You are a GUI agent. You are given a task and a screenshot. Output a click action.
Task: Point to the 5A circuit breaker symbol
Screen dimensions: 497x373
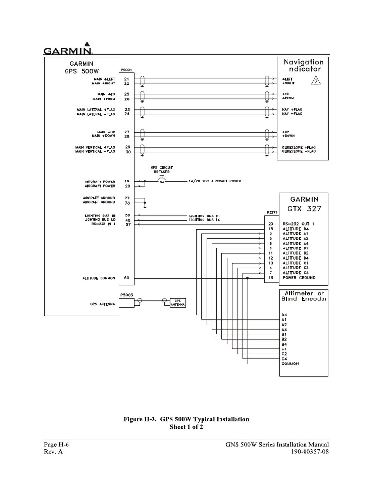[161, 181]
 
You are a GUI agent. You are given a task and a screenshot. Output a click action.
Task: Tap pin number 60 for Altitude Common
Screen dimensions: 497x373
[127, 278]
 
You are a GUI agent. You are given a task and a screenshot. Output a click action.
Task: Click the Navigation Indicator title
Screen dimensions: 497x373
[304, 66]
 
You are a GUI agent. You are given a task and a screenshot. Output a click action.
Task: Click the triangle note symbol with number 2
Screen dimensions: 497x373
[316, 81]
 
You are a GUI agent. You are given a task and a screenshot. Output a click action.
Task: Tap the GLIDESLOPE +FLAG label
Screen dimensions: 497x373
[299, 146]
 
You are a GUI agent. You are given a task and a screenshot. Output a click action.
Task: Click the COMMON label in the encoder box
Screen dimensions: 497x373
[290, 364]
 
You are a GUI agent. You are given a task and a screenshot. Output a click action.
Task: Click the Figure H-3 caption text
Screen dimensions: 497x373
[186, 419]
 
